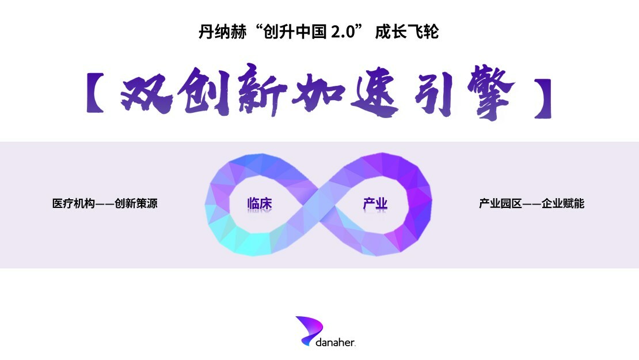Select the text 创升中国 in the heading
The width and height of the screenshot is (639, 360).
287,32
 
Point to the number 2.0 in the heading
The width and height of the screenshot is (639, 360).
340,32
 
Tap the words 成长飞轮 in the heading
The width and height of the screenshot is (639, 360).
406,32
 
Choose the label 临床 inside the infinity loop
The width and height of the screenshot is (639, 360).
259,204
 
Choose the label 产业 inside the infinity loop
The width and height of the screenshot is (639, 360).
375,204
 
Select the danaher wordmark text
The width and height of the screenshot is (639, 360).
336,342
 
